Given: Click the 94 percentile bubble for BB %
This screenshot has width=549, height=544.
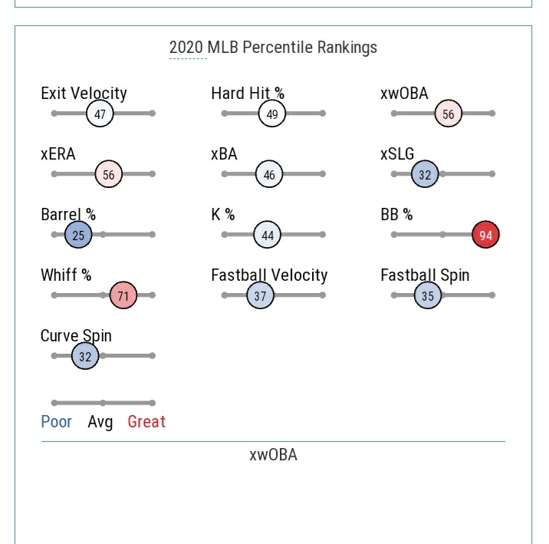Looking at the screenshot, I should coord(485,235).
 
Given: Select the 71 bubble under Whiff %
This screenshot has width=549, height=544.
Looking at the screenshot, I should coord(123,295).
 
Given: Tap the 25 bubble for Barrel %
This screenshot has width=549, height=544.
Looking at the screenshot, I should coord(78,235).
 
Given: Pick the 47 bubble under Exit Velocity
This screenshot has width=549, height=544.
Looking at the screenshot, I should coord(100,114).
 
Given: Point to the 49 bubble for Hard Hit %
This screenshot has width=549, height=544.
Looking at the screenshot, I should coord(271,114).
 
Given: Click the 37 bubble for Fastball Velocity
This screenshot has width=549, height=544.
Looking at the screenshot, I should coord(261,295).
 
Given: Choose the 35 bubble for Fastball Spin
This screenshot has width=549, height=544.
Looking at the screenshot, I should coord(428,295).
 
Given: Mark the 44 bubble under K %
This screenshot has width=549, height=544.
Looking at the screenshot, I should coord(268,235).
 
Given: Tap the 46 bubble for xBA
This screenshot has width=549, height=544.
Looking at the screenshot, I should coord(269,174).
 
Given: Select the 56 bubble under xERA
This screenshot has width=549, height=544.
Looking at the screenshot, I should coord(109,174).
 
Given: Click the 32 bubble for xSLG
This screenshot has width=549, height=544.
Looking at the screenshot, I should coord(425,174).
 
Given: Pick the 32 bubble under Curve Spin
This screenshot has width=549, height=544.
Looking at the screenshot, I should coord(85,356).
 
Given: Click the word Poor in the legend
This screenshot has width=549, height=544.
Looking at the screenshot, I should coord(56,421).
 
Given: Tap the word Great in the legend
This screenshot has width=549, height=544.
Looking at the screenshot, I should coord(146,421).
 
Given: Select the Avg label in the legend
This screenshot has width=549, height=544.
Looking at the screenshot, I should coord(100,421).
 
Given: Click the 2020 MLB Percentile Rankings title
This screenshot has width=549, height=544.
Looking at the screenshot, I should coord(273,48).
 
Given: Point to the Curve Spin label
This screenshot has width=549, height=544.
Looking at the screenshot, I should coord(76,335).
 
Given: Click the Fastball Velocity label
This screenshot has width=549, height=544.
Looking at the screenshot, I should coord(269,275).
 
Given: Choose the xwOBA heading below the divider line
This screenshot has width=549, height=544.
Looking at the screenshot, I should coord(273,454).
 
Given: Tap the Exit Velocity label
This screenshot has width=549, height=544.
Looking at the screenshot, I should coord(84,93).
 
